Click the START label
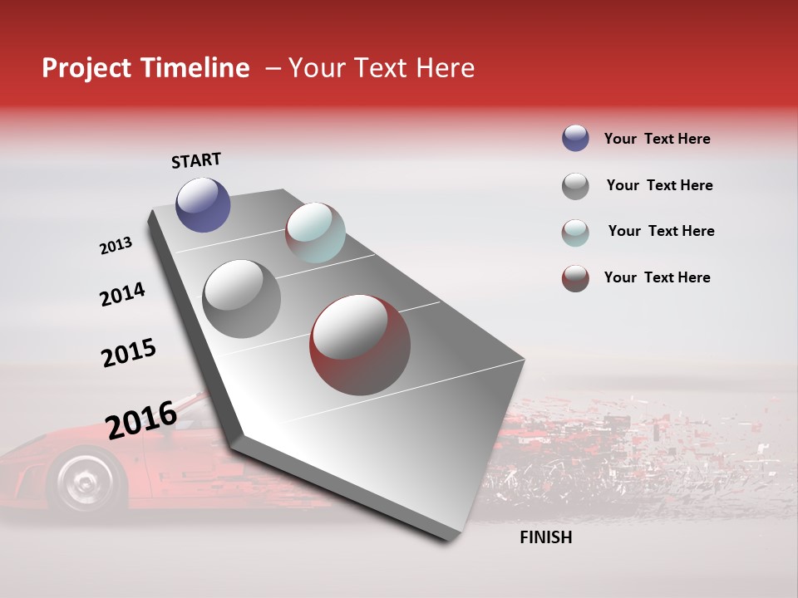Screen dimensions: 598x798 (x=196, y=160)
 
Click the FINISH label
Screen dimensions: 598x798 (x=545, y=537)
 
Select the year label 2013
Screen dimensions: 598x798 (x=116, y=246)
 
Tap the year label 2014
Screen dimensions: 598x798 (x=122, y=294)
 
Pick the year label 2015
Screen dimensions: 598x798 (x=129, y=353)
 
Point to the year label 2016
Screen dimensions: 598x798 (x=141, y=419)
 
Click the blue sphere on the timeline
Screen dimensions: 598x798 (x=203, y=204)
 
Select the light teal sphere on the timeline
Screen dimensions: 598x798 (x=315, y=233)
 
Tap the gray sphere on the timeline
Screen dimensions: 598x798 (x=241, y=298)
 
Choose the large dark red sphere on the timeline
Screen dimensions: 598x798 (x=360, y=345)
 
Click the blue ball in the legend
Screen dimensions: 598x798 (x=575, y=139)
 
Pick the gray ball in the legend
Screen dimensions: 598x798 (x=575, y=186)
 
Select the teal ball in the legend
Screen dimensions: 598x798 (x=575, y=233)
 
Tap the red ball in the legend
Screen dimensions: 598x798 (x=575, y=278)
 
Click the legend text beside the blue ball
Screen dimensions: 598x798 (x=657, y=139)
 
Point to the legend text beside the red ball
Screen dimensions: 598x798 (x=657, y=277)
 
